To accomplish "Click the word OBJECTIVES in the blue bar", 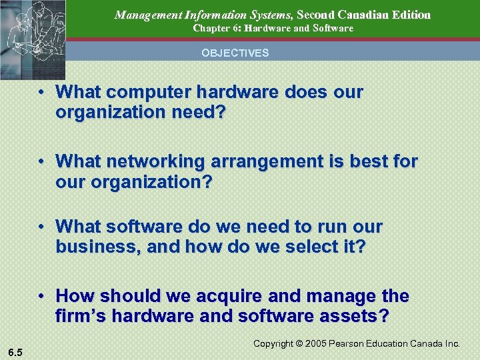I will pyautogui.click(x=235, y=53).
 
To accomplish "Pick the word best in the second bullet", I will pyautogui.click(x=370, y=161).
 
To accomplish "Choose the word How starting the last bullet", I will pyautogui.click(x=75, y=295).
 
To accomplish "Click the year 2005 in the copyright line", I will pyautogui.click(x=317, y=344).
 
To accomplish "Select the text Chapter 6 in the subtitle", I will pyautogui.click(x=213, y=29).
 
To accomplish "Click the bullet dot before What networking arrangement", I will pyautogui.click(x=42, y=161).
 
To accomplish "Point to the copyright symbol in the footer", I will pyautogui.click(x=299, y=344).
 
